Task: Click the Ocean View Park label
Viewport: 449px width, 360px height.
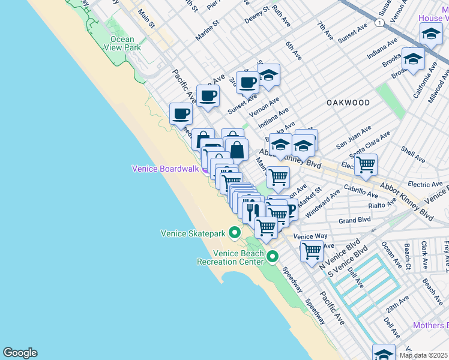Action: [x=122, y=43]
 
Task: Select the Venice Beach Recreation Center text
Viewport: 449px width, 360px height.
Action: [x=231, y=258]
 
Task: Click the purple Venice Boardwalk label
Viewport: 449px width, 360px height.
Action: [x=165, y=169]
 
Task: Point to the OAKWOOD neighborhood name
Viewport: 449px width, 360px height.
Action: [x=348, y=103]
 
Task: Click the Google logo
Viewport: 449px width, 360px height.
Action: [x=20, y=353]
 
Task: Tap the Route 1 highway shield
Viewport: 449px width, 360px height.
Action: [x=379, y=23]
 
